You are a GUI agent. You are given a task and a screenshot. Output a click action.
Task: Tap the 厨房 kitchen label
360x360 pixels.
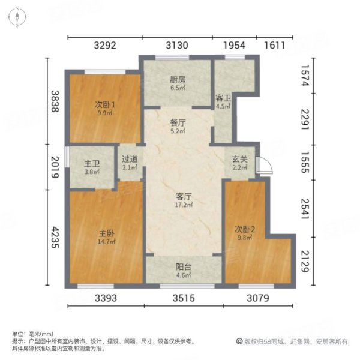(178, 78)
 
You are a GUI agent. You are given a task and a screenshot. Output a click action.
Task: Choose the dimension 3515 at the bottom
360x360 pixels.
(183, 298)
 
